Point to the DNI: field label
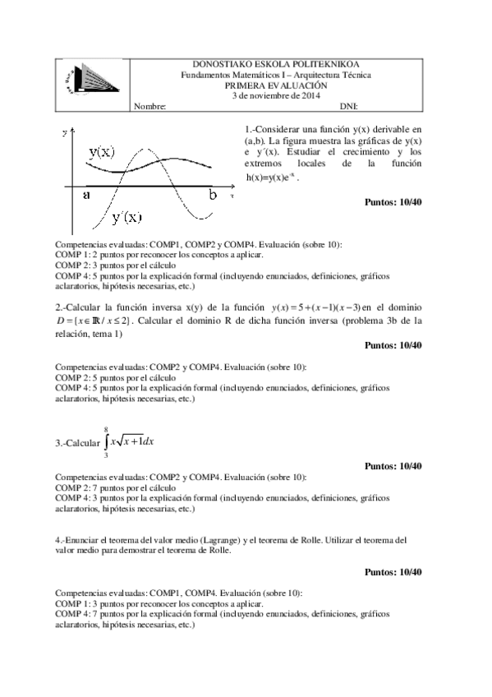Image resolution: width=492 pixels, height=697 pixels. coord(348,106)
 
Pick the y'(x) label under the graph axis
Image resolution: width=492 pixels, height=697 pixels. coord(126,217)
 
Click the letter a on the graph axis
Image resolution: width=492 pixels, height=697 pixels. coord(86,195)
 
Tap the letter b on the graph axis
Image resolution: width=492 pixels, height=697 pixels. coord(213,195)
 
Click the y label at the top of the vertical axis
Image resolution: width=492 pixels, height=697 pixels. coord(64,132)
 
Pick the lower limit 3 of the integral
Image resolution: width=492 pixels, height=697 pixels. coord(105,457)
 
